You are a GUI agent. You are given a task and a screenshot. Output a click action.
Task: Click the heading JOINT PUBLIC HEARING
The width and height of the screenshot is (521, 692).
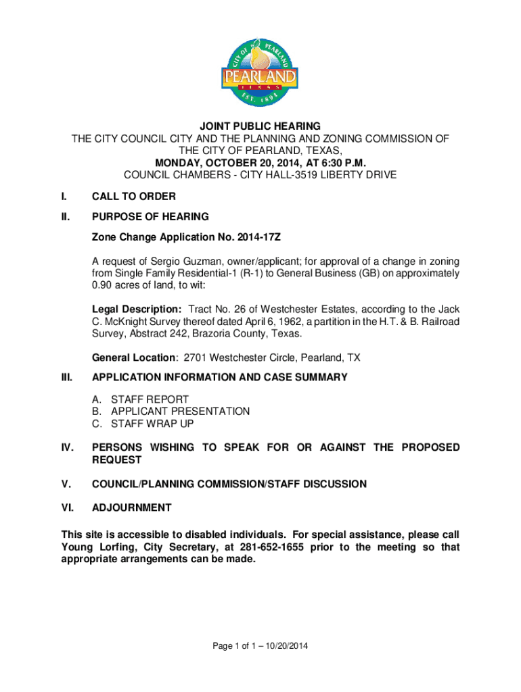(260, 126)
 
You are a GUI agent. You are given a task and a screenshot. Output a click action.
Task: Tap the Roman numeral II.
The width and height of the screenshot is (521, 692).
(64, 217)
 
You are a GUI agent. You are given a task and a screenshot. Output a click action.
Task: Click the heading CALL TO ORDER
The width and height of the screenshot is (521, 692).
(134, 197)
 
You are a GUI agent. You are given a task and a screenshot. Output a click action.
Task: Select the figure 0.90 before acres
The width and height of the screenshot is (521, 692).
(104, 287)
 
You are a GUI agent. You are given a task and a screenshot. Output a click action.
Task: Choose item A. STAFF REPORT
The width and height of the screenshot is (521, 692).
(141, 399)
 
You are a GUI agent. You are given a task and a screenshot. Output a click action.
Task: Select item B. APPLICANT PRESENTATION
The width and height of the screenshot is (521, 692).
(171, 412)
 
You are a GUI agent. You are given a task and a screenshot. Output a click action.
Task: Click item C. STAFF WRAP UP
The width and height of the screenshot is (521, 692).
(143, 424)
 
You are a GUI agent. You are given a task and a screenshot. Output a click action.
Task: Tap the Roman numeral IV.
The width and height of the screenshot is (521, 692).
(66, 447)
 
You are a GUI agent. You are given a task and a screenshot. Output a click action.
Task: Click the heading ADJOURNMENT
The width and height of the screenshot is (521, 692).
(132, 508)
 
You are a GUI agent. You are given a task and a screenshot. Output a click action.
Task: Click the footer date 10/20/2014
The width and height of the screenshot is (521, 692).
(285, 647)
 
